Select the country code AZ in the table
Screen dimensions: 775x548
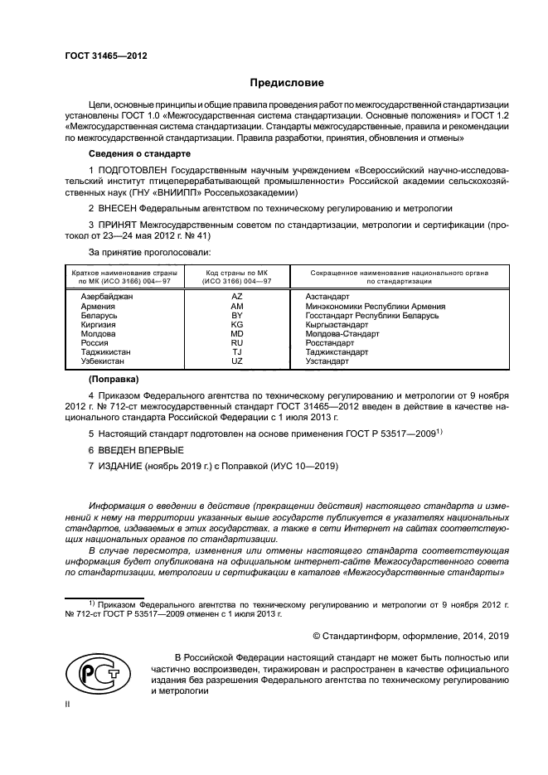click(236, 297)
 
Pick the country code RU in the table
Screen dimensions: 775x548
click(236, 342)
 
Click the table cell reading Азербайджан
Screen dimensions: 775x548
click(106, 297)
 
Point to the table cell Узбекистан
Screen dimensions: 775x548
click(103, 361)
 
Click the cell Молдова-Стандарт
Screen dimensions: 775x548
click(342, 333)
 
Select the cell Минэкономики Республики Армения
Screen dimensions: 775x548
click(375, 306)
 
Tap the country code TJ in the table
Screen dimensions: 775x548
click(236, 352)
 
